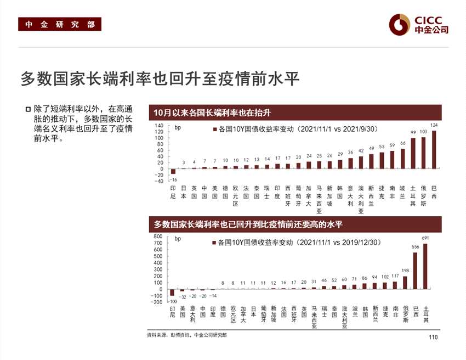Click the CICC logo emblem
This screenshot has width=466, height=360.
pos(400,23)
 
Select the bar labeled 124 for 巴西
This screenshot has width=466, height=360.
pos(434,149)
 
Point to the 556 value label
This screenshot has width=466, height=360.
pos(415,247)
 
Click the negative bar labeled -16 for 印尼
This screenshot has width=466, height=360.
pos(173,171)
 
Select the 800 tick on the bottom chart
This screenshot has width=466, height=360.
pos(158,237)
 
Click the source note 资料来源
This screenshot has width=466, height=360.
pos(186,335)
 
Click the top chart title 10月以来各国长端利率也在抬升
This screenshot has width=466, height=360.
pos(213,113)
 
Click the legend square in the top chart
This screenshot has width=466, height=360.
pos(214,130)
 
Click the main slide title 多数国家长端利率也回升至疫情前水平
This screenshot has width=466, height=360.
pos(160,78)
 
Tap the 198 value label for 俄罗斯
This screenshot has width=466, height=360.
pos(405,271)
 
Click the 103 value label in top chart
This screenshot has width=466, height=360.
pos(423,132)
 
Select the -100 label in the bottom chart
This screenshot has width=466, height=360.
pos(173,302)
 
